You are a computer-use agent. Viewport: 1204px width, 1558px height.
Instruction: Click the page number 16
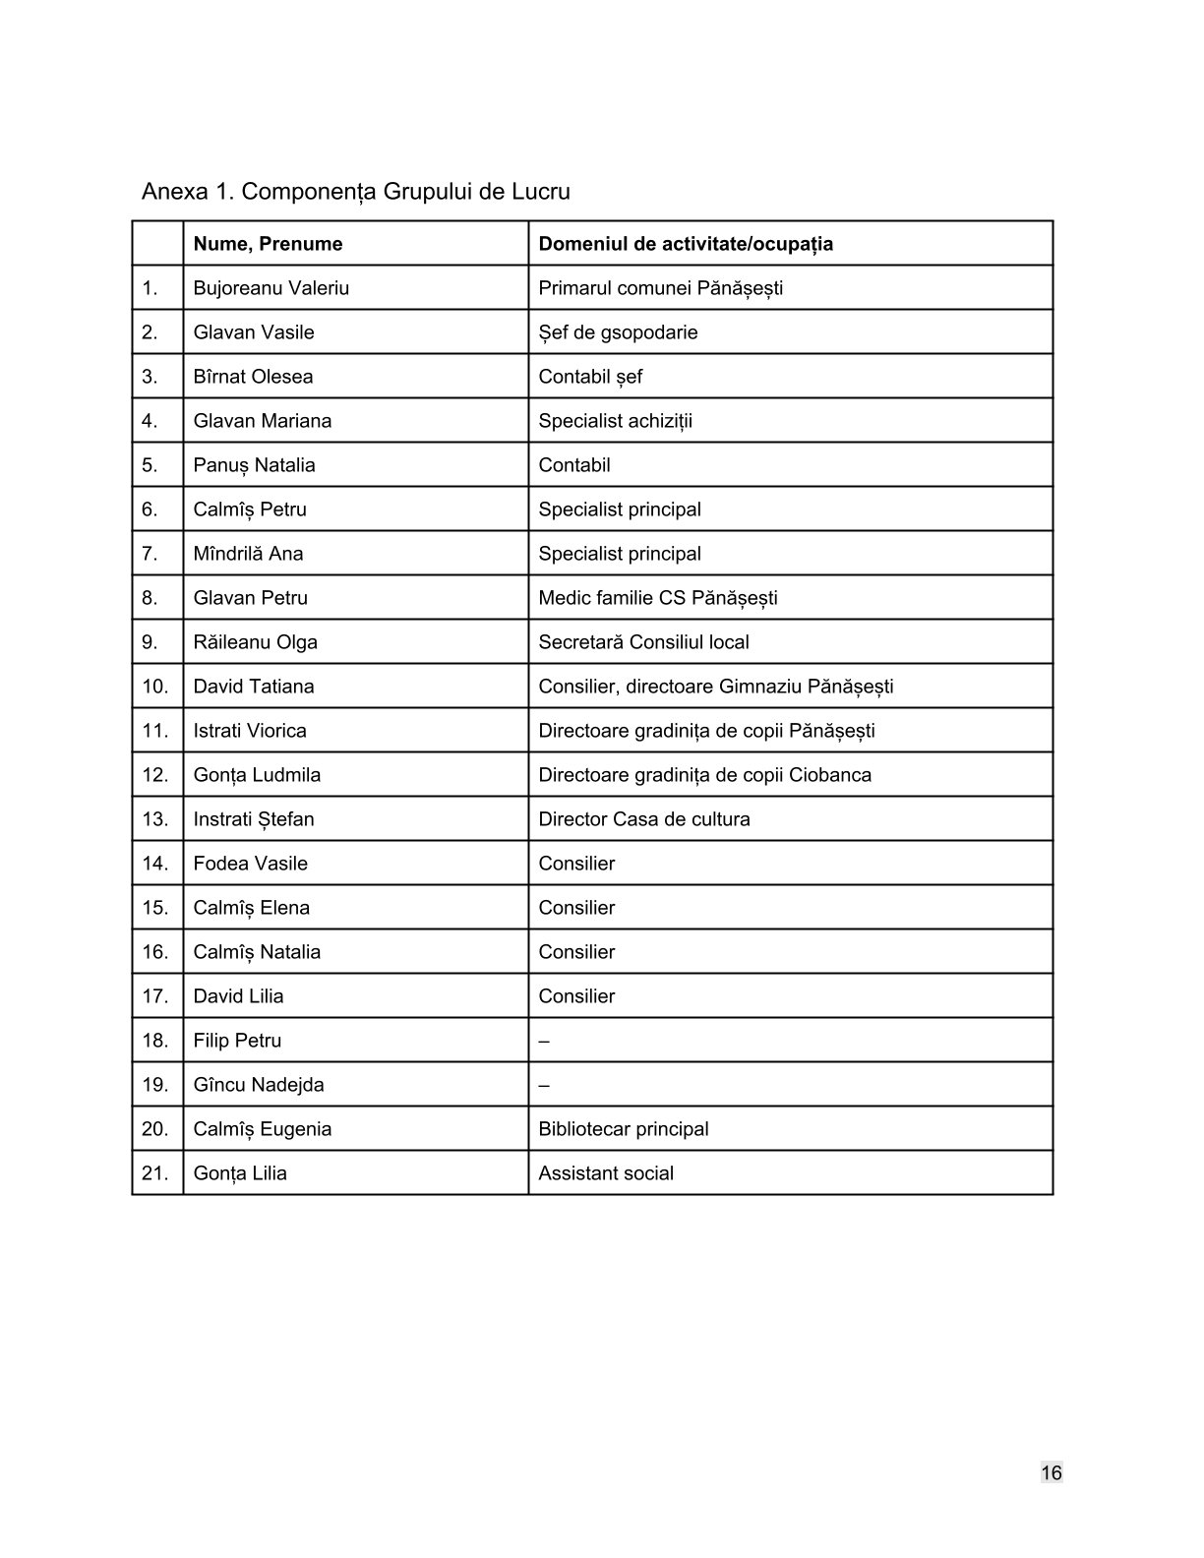1051,1472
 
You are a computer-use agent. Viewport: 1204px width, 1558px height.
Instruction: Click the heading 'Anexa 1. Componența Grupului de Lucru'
355,191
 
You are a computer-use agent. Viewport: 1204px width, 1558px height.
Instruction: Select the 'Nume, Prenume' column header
268,244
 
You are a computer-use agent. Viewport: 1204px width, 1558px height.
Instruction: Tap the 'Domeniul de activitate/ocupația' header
686,244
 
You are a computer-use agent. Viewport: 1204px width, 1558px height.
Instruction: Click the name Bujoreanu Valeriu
271,288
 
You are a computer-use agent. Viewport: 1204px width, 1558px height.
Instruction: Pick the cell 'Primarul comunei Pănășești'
660,288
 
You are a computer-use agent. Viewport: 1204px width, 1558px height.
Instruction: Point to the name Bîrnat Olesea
253,377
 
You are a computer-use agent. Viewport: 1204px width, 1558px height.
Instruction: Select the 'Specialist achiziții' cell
615,421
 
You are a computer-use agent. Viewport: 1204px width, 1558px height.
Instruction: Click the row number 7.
150,554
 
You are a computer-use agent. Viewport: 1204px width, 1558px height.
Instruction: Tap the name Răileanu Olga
255,642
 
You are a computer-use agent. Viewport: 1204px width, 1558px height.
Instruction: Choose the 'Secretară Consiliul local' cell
643,642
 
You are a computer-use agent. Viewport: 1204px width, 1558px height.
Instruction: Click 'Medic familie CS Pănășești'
657,598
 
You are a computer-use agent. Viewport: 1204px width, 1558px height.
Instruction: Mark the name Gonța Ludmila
257,775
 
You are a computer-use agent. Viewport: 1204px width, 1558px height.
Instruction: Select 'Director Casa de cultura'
643,819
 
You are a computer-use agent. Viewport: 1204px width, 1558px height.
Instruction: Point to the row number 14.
155,864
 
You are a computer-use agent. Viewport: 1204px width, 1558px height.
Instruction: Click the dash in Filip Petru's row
544,1041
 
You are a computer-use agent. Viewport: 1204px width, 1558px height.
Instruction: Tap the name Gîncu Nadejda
258,1085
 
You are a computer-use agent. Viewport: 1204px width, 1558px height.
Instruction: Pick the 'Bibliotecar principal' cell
623,1129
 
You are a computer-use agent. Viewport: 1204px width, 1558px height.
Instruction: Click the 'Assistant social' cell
605,1173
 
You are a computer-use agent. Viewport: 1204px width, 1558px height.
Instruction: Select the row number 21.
155,1173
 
